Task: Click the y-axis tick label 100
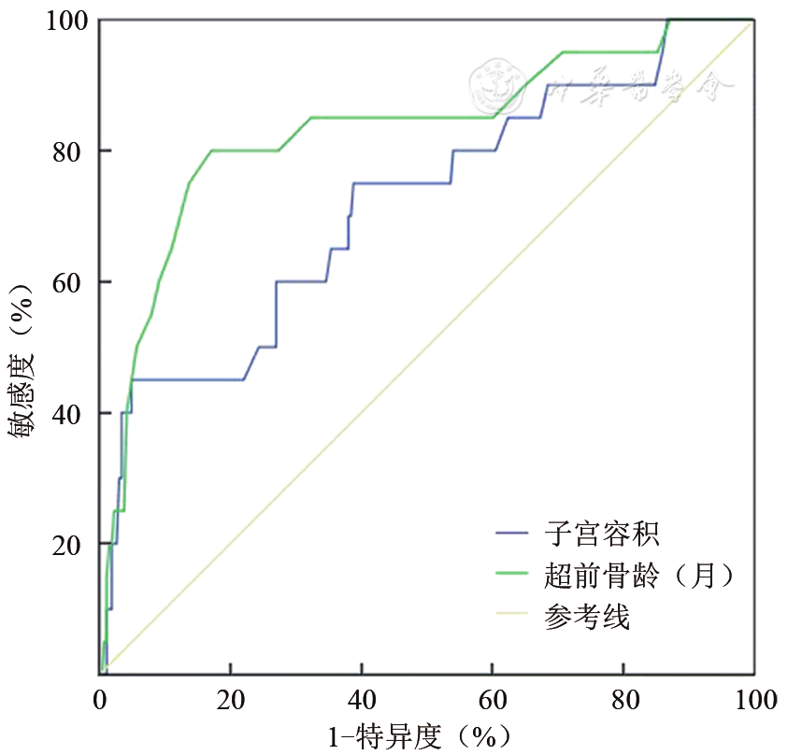pos(66,20)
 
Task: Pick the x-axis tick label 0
pos(100,699)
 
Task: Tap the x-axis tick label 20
pos(231,699)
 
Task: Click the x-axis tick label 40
pos(362,699)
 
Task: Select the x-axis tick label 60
pos(493,699)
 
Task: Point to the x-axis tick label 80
pos(623,699)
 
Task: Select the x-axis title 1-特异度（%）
pos(423,735)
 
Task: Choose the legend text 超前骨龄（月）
pos(636,575)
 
